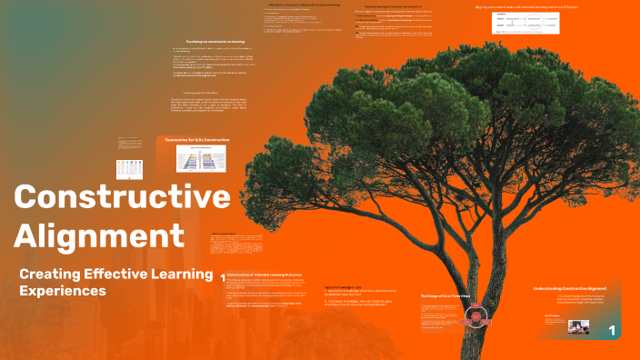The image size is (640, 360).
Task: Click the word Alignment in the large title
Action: coord(99,235)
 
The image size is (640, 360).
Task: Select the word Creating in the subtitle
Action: coord(53,274)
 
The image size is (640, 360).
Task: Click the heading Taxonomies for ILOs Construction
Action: coord(197,140)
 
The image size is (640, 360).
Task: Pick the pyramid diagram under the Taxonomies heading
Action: coord(201,159)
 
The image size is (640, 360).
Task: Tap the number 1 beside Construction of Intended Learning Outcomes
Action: coord(223,275)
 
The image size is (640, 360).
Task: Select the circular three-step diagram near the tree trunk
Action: coord(474,317)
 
